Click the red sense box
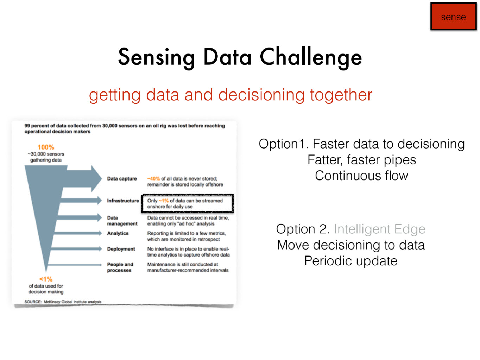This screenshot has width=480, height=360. [x=453, y=17]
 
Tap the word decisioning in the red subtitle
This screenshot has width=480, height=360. [x=261, y=95]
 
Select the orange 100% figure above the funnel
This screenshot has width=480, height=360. [x=46, y=147]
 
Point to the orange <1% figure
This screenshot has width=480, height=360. [x=46, y=279]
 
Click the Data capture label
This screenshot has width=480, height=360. [x=122, y=178]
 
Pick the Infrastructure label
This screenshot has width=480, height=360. [x=123, y=201]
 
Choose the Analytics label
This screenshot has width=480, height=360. [x=118, y=233]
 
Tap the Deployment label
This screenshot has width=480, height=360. [x=121, y=249]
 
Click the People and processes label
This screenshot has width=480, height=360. [x=120, y=267]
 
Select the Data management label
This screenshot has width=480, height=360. [x=122, y=221]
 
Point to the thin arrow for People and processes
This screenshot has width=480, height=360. [x=75, y=265]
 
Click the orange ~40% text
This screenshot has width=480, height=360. [x=153, y=178]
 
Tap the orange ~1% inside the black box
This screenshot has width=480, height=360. [x=164, y=201]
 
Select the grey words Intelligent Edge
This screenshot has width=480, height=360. [x=379, y=229]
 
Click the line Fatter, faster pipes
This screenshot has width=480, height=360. [x=362, y=160]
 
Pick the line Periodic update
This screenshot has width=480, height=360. [x=351, y=261]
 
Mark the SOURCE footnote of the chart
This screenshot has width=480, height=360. [x=63, y=302]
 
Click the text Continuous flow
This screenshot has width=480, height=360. [x=361, y=176]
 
